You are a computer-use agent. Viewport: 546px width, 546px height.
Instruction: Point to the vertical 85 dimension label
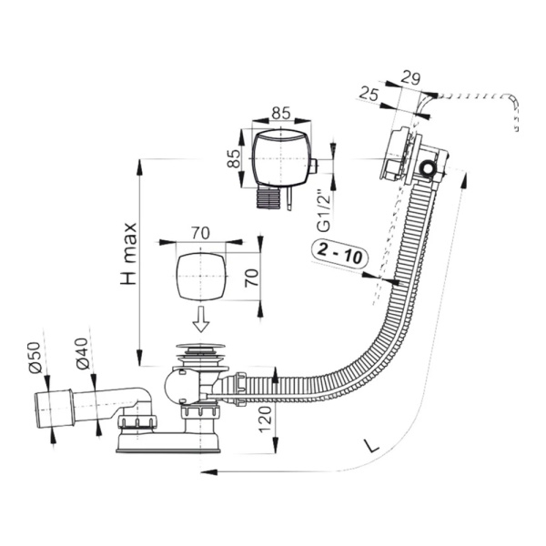pyautogui.click(x=234, y=158)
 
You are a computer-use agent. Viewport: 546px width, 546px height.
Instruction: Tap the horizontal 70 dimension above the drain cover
pyautogui.click(x=201, y=231)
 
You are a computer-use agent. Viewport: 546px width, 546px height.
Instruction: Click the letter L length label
pyautogui.click(x=369, y=447)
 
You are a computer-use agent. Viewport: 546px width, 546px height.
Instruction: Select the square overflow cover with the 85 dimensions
pyautogui.click(x=278, y=157)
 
